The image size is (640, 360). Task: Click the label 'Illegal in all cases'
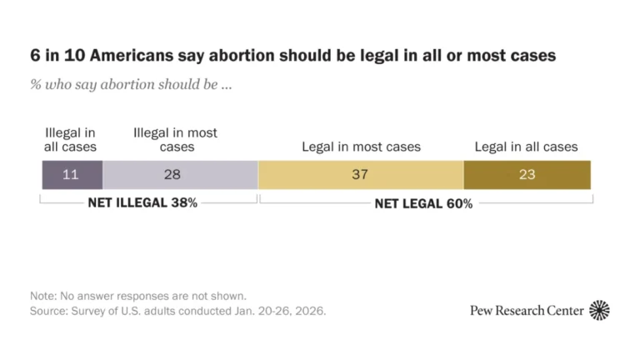(70, 140)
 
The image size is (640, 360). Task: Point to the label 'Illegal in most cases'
(175, 140)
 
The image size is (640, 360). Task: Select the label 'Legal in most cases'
(361, 147)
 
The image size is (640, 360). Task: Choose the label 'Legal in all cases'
(526, 147)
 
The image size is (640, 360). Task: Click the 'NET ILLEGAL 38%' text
(142, 202)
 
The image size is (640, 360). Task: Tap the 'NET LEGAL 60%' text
(423, 203)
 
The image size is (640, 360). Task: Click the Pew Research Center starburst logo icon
(599, 311)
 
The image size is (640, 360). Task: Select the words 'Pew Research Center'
(526, 311)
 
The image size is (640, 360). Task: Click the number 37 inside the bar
(361, 175)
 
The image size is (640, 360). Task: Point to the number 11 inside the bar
(72, 175)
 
